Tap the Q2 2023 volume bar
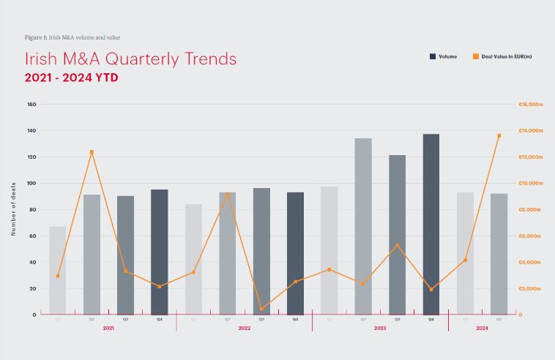tap(363, 226)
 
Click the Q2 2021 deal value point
tap(92, 152)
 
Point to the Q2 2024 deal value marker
tap(499, 135)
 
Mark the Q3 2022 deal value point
tap(261, 309)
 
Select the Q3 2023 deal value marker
tap(397, 245)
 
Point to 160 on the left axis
tap(31, 105)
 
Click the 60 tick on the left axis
tap(33, 236)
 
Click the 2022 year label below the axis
tap(244, 329)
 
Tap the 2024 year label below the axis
tap(482, 329)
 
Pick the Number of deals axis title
tap(13, 209)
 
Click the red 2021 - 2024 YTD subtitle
tap(71, 77)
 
